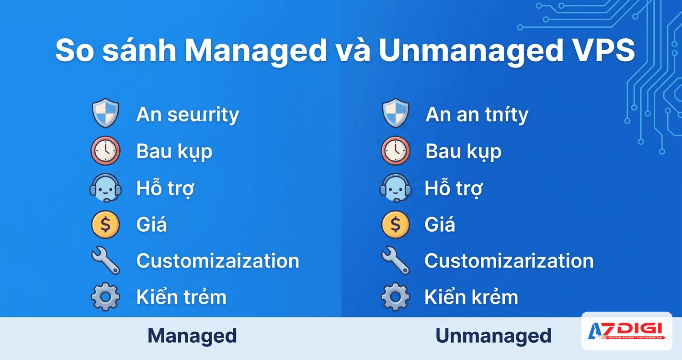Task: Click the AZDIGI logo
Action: click(626, 331)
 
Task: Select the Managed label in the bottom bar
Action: click(192, 336)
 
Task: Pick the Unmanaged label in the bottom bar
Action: click(493, 336)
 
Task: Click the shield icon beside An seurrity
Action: click(105, 113)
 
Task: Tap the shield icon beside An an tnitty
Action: click(396, 113)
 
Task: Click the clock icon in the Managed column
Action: click(105, 151)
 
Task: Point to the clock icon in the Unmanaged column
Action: click(396, 151)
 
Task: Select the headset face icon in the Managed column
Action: click(105, 188)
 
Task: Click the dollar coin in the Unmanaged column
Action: click(396, 225)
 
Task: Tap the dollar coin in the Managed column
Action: click(105, 225)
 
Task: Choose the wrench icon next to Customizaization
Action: click(105, 261)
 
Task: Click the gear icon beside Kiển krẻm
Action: click(396, 297)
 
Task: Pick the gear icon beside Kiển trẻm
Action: click(105, 297)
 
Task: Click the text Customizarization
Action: click(509, 261)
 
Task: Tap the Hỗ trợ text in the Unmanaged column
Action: click(453, 189)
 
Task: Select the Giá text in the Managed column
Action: click(151, 225)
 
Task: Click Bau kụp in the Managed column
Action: click(174, 152)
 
